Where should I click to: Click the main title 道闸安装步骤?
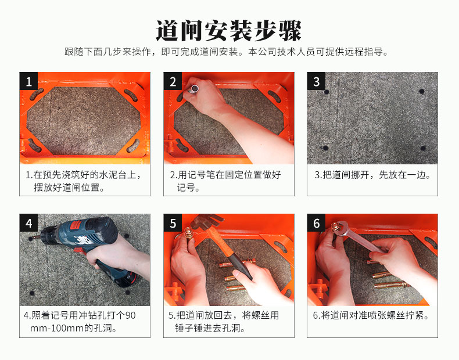(228, 31)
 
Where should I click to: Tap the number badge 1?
(28, 81)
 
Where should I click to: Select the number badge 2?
(173, 81)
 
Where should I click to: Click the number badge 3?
(316, 81)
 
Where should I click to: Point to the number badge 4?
(28, 223)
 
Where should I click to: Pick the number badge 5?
(173, 223)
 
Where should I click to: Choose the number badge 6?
(316, 223)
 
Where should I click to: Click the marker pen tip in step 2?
(195, 88)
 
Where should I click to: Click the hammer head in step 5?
(207, 221)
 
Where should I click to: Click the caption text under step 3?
(372, 175)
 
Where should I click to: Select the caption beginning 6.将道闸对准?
(371, 316)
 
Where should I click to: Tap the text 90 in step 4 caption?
(130, 315)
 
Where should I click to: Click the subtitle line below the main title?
(226, 52)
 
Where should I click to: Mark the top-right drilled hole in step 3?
(422, 92)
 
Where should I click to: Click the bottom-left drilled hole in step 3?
(325, 148)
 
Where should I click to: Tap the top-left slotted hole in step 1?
(37, 94)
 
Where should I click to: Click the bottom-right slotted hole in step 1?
(133, 145)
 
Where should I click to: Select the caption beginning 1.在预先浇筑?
(84, 181)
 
